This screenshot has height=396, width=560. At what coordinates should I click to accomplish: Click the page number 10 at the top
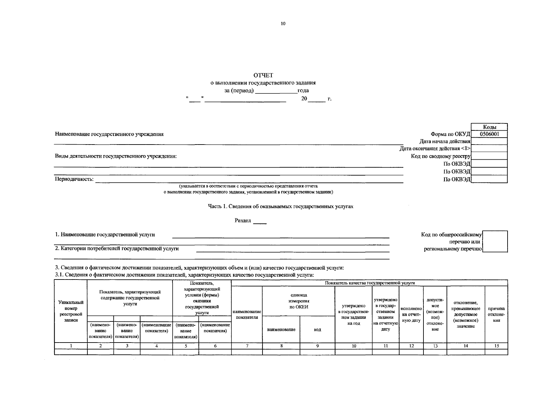pos(283,23)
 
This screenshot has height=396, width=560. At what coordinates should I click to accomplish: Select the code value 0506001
pos(489,134)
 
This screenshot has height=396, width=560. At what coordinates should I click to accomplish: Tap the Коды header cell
pos(489,127)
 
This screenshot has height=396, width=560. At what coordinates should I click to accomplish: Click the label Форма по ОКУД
pos(450,134)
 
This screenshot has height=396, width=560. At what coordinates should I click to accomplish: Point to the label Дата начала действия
pos(445,141)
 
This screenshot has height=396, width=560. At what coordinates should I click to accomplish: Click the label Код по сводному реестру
pos(441,156)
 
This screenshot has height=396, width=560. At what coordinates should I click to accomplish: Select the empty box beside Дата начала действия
pos(489,141)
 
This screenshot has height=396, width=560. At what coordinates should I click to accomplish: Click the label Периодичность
pos(74,180)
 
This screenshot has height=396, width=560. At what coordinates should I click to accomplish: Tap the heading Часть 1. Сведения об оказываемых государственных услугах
pos(280,206)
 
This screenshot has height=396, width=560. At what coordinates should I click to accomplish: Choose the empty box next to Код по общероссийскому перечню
pos(495,241)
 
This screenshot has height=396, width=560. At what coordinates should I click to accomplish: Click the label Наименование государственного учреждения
pos(109,134)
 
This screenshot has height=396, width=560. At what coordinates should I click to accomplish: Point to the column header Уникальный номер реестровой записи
pos(71,311)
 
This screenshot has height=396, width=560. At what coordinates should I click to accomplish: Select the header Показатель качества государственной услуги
pos(369,283)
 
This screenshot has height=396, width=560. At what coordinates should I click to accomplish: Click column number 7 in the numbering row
pos(247,346)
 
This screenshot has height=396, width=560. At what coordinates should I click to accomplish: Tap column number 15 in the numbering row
pos(496,346)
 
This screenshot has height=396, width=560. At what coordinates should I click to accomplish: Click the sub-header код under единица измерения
pos(317,329)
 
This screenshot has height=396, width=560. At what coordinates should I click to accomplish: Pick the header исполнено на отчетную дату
pos(411,314)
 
